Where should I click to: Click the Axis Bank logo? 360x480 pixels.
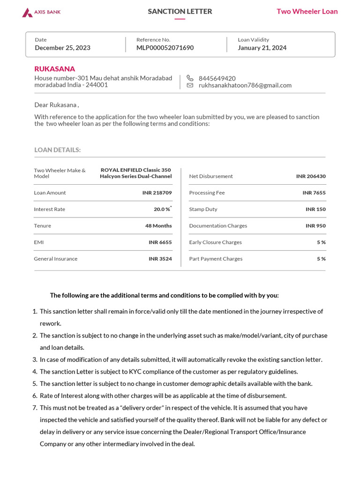[41, 12]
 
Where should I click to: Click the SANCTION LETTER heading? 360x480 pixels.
[180, 11]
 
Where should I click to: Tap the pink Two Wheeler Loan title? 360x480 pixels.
[307, 11]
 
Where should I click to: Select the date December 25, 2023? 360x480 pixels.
[62, 48]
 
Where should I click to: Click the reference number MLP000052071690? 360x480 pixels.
[165, 48]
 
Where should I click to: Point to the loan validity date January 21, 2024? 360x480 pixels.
[262, 48]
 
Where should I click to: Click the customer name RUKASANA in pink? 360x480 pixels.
[54, 69]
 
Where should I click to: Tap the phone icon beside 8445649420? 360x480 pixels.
[190, 78]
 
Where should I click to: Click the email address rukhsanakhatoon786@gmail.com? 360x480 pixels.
[245, 85]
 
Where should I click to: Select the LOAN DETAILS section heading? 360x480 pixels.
[57, 150]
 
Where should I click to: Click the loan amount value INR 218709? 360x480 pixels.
[157, 193]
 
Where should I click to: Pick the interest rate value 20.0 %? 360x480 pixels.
[162, 209]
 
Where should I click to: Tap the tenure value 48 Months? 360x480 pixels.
[158, 225]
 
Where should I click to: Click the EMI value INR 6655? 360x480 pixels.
[160, 242]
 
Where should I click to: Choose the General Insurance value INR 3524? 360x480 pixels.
[160, 259]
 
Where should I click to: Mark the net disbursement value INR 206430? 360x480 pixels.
[311, 176]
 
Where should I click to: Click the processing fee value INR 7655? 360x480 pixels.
[314, 193]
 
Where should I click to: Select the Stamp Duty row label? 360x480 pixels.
[203, 209]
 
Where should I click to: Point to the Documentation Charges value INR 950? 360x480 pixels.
[315, 225]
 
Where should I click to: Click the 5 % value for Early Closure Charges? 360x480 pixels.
[321, 242]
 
